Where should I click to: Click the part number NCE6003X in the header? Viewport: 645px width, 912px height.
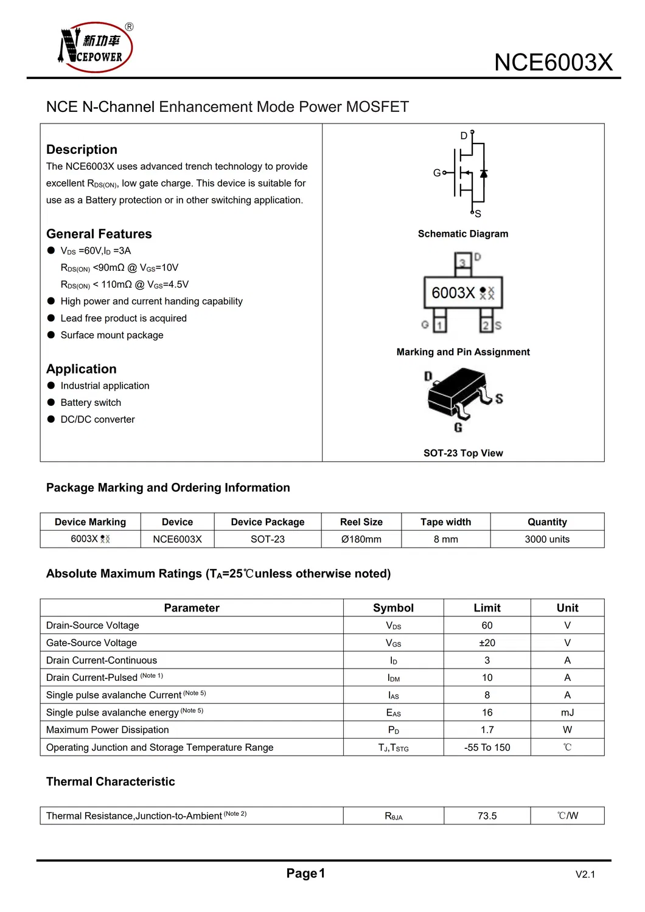[x=553, y=63]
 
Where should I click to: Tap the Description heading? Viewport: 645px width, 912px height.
[x=82, y=150]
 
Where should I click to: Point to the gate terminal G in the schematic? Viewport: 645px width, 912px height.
[x=437, y=173]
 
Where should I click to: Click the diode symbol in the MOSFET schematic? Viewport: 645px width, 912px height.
[x=484, y=173]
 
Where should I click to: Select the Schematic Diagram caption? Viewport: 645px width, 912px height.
[x=462, y=234]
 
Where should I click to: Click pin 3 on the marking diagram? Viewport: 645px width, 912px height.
[x=463, y=263]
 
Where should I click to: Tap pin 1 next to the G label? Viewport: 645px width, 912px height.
[x=439, y=325]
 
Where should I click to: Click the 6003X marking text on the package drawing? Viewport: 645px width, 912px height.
[x=453, y=293]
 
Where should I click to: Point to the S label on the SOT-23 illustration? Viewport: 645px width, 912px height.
[x=499, y=399]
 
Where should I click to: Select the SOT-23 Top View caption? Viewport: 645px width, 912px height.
[x=463, y=453]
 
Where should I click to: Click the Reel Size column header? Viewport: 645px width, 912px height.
[x=361, y=522]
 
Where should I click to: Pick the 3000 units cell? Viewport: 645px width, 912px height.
[x=547, y=539]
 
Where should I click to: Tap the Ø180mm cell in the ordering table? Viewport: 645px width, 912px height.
[x=361, y=539]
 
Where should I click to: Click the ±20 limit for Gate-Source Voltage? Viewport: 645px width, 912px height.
[x=487, y=643]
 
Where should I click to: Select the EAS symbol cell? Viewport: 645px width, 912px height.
[x=393, y=713]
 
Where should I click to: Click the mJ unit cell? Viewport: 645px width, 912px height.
[x=567, y=712]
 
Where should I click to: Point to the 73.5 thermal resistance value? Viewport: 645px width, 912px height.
[x=487, y=816]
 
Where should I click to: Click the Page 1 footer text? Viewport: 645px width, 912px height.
[x=305, y=874]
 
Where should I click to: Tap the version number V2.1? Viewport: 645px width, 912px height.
[x=585, y=875]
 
